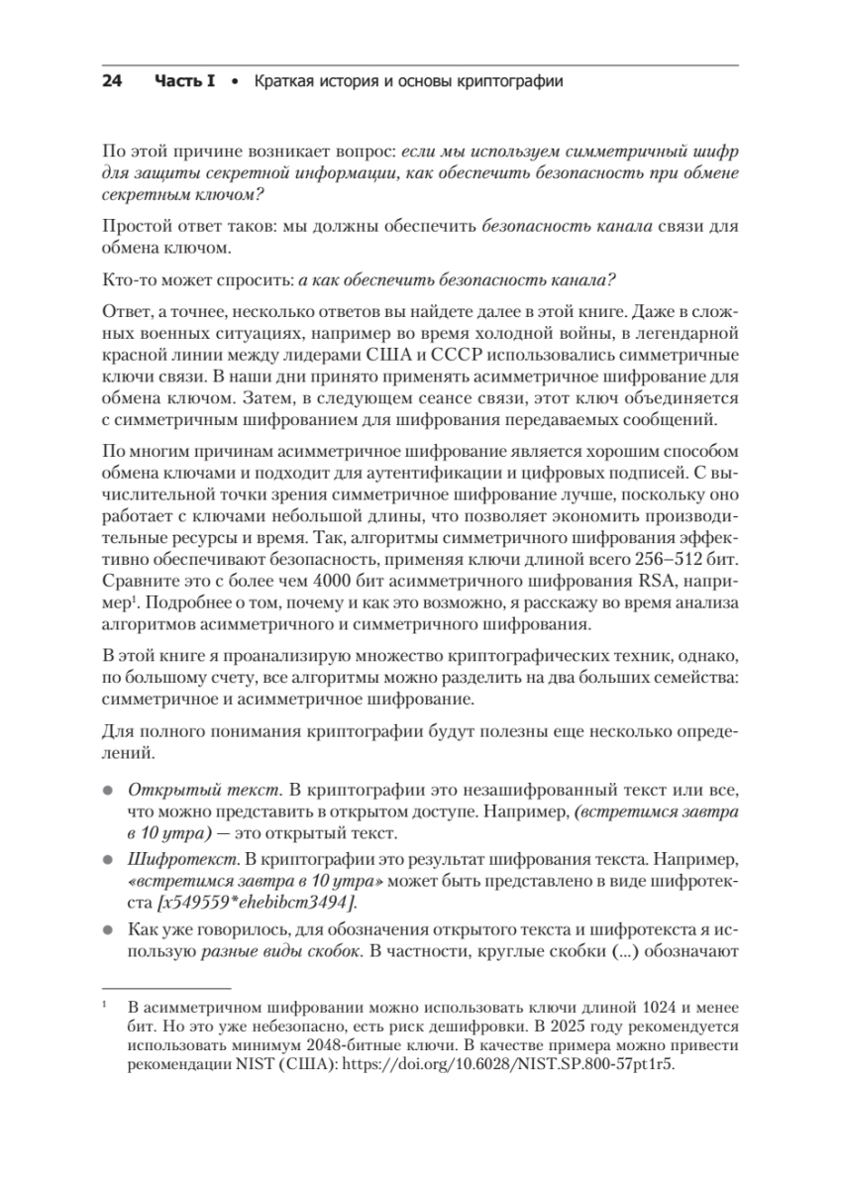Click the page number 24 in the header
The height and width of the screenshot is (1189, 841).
tap(112, 81)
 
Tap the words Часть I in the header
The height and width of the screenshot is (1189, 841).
tap(185, 81)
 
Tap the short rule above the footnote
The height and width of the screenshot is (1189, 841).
tap(166, 988)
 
